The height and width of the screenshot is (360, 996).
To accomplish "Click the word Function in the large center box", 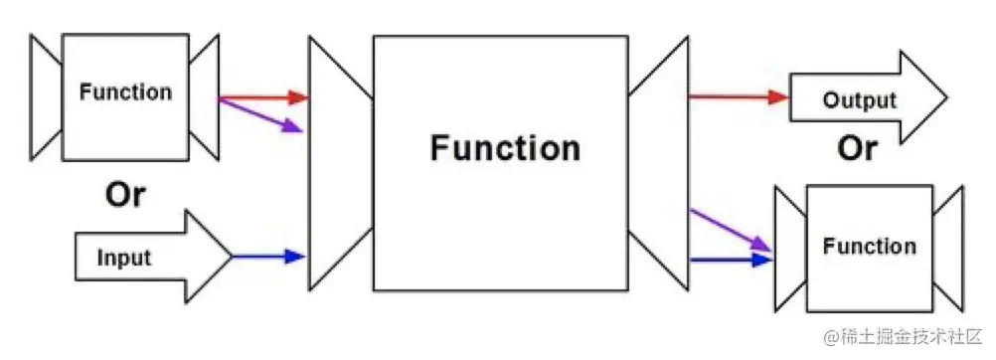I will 505,148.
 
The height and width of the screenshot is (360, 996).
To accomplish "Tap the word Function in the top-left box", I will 126,92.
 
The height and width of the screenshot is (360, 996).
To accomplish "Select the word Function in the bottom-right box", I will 870,246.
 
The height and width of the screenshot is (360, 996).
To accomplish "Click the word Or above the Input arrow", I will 125,196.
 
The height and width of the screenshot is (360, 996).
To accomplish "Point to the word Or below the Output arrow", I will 857,148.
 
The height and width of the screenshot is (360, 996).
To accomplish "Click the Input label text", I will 124,258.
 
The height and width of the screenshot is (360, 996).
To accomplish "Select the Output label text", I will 860,100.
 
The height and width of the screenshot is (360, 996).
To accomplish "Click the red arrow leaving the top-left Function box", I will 263,98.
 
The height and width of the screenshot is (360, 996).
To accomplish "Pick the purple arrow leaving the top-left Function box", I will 260,114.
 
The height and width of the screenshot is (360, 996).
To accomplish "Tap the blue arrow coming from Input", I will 268,257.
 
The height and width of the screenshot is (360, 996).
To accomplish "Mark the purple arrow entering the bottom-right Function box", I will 731,229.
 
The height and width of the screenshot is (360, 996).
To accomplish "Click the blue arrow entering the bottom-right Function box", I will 731,260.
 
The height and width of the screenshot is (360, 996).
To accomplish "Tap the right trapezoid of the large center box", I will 658,164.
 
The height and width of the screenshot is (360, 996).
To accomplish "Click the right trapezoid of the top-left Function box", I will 203,96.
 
